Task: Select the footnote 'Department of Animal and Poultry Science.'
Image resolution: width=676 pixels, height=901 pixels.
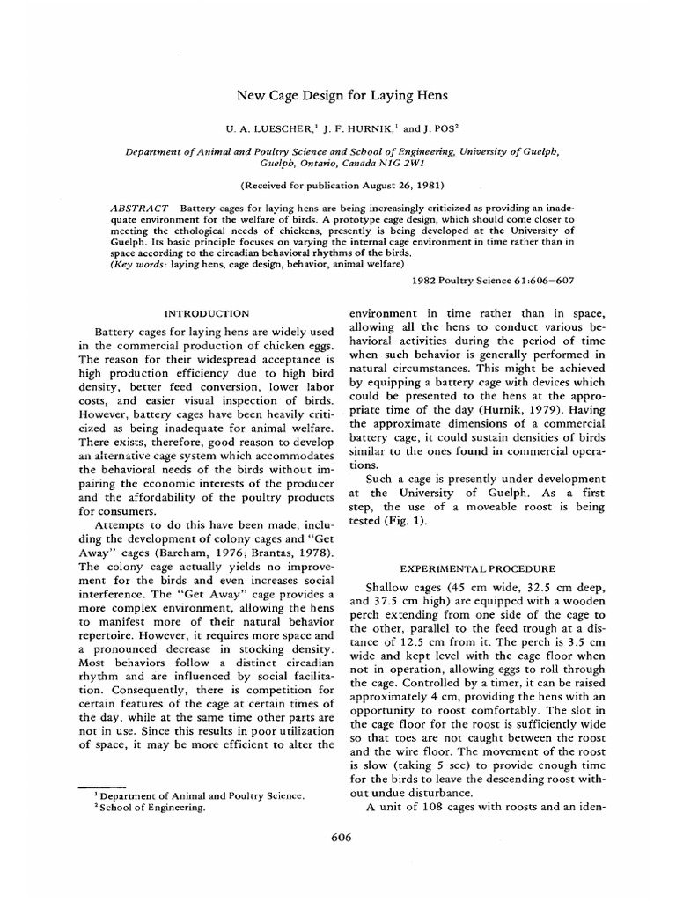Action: point(195,795)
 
